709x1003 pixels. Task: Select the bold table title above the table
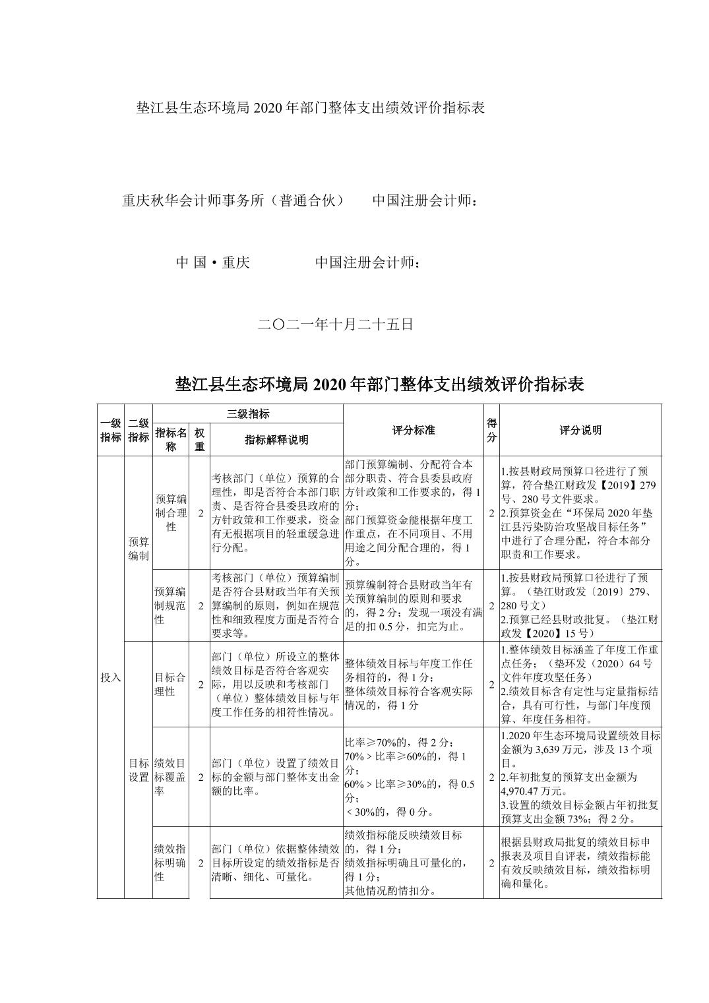pos(379,384)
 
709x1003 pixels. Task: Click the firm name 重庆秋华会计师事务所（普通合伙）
pos(233,200)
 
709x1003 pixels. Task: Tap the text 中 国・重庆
pos(212,262)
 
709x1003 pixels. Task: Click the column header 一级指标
pos(110,430)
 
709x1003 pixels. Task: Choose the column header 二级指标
pos(138,430)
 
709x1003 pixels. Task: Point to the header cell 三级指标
pos(247,413)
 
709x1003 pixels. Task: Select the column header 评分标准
pos(413,430)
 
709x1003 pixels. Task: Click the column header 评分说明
pos(580,430)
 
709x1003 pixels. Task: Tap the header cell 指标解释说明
pos(276,440)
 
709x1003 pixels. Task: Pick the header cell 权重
pos(199,439)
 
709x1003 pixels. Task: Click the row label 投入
pos(110,677)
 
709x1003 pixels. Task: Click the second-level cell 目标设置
pos(138,770)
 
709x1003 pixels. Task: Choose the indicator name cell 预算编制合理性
pos(171,512)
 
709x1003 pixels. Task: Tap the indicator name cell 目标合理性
pos(171,684)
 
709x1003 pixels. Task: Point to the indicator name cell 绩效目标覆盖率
pos(171,776)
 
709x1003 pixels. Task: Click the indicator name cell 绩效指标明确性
pos(171,862)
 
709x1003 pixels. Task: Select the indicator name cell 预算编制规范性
pos(171,605)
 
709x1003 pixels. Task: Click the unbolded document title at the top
pos(310,107)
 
